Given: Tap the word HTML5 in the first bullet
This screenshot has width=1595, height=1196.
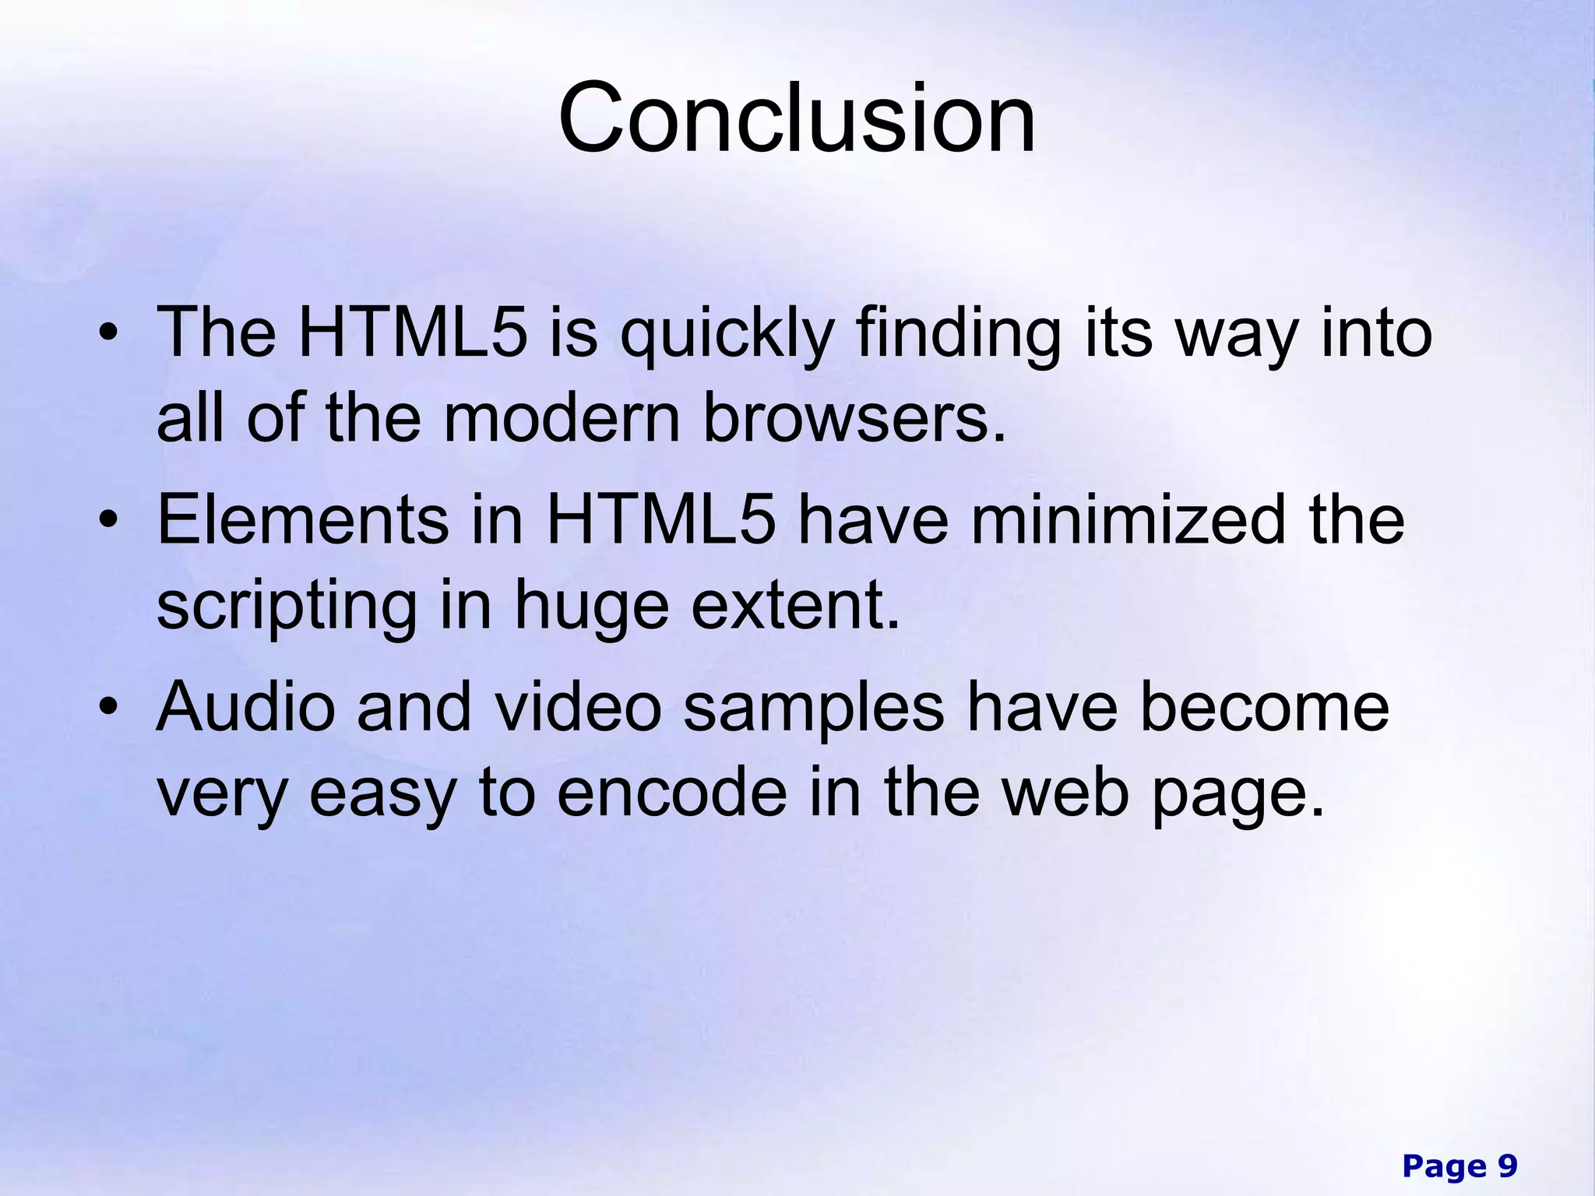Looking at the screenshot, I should pos(413,333).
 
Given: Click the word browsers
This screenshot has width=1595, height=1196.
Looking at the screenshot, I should pos(854,418).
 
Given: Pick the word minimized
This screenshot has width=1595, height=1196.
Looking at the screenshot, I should pos(1128,520).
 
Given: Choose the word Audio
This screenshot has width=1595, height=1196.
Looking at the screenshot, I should pos(245,707).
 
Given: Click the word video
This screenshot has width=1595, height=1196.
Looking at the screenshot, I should pos(579,707).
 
